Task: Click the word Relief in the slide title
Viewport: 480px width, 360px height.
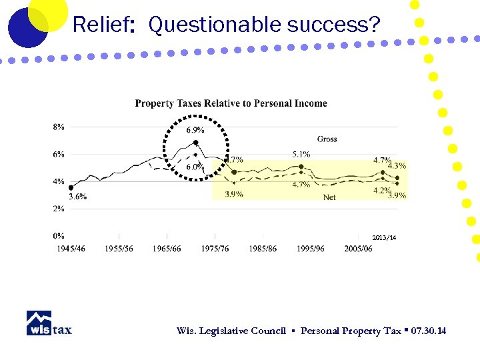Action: [100, 25]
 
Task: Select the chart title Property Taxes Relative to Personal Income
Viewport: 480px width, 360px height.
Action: [231, 103]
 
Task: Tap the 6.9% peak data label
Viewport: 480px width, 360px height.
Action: [195, 130]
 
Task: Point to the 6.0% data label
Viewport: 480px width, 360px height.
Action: [194, 167]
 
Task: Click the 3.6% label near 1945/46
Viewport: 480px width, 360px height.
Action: [77, 197]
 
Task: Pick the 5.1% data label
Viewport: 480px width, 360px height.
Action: [301, 155]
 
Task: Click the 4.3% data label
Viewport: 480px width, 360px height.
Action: [397, 165]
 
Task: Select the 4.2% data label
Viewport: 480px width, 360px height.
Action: [382, 190]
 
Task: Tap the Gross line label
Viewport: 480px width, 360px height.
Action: [327, 139]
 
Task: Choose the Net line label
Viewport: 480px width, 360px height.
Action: [329, 197]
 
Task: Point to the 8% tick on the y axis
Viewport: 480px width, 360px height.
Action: [59, 127]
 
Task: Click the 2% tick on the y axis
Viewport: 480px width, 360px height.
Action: [59, 209]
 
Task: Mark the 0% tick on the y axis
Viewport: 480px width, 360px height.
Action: [59, 235]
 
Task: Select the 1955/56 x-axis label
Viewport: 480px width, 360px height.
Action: [119, 249]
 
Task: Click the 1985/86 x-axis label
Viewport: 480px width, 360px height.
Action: [263, 249]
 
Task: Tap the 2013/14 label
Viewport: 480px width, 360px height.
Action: [384, 238]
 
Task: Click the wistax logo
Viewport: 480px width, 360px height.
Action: [49, 323]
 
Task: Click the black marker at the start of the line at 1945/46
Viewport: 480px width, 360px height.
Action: [71, 187]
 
